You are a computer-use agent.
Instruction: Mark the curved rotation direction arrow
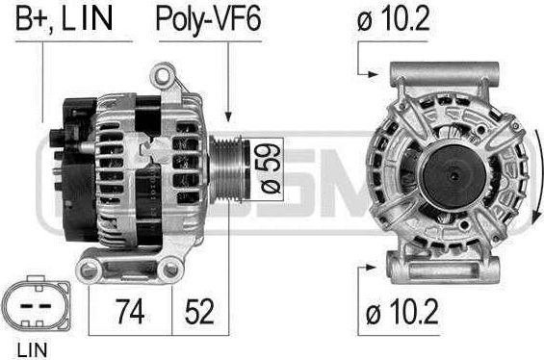[525, 178]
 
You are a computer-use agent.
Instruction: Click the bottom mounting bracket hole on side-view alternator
[91, 270]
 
